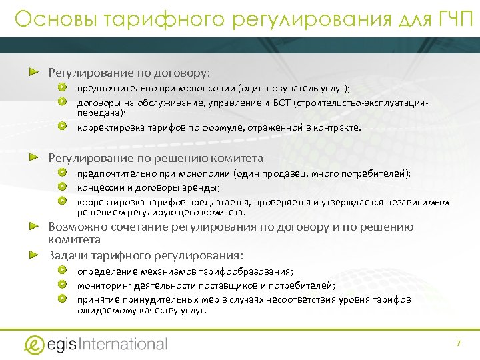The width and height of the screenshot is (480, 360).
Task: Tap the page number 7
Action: [458, 343]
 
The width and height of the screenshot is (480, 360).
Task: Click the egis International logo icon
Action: [34, 344]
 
